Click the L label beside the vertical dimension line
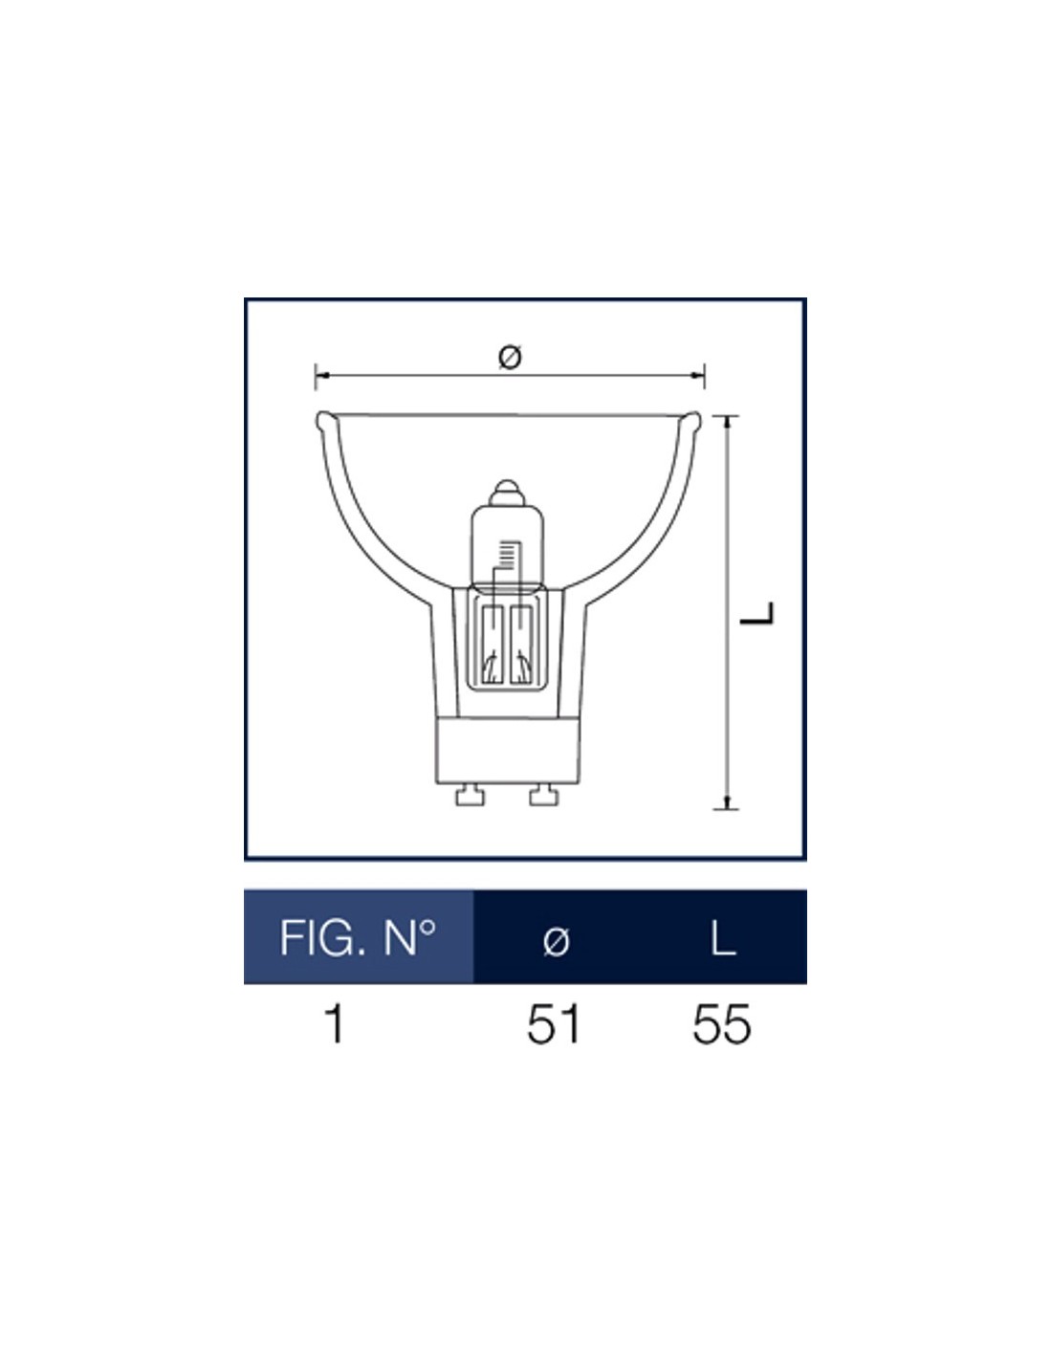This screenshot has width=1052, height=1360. coord(756,613)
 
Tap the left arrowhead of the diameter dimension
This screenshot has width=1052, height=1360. coord(322,375)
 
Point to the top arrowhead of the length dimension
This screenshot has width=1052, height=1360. coord(726,423)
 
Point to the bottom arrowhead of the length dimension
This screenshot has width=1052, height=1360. coord(726,801)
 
